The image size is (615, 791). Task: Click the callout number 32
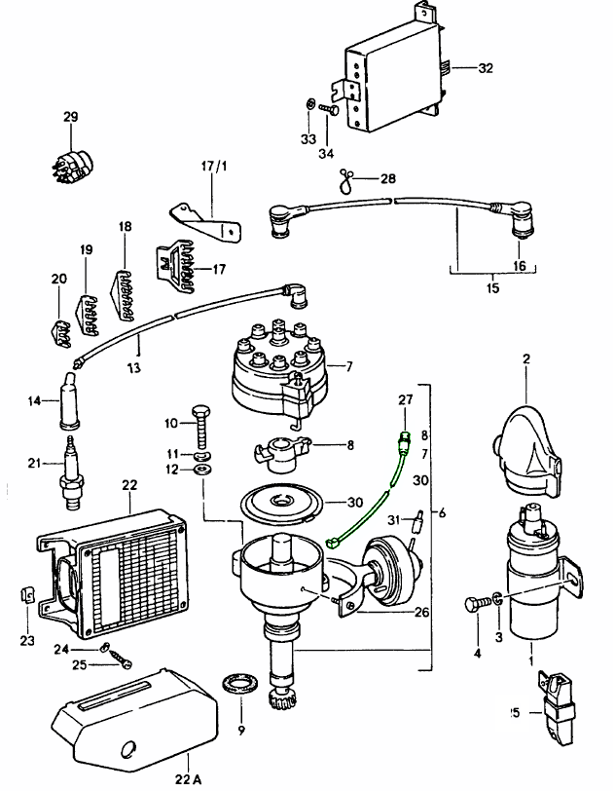click(x=486, y=68)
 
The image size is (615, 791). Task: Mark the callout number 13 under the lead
click(x=133, y=368)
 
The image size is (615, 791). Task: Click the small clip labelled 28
click(x=346, y=177)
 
